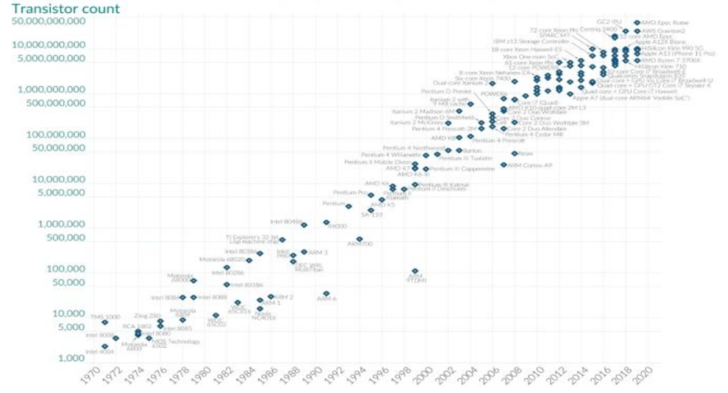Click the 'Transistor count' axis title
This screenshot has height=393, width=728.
click(x=65, y=9)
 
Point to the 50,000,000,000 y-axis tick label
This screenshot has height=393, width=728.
click(x=49, y=22)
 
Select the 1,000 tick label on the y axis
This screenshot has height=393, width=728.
click(x=71, y=357)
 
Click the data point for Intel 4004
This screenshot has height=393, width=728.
click(x=104, y=346)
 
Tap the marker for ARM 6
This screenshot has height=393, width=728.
click(x=326, y=294)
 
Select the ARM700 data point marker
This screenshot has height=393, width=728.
click(x=359, y=239)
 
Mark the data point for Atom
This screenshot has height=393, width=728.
click(x=514, y=154)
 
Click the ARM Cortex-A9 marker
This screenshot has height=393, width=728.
click(x=504, y=164)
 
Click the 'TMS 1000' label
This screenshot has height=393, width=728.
click(x=105, y=316)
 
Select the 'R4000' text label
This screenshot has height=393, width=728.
click(x=337, y=226)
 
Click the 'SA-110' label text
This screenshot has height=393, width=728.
click(x=372, y=215)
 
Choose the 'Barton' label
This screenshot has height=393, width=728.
click(x=473, y=150)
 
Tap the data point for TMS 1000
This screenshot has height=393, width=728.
click(x=104, y=322)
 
